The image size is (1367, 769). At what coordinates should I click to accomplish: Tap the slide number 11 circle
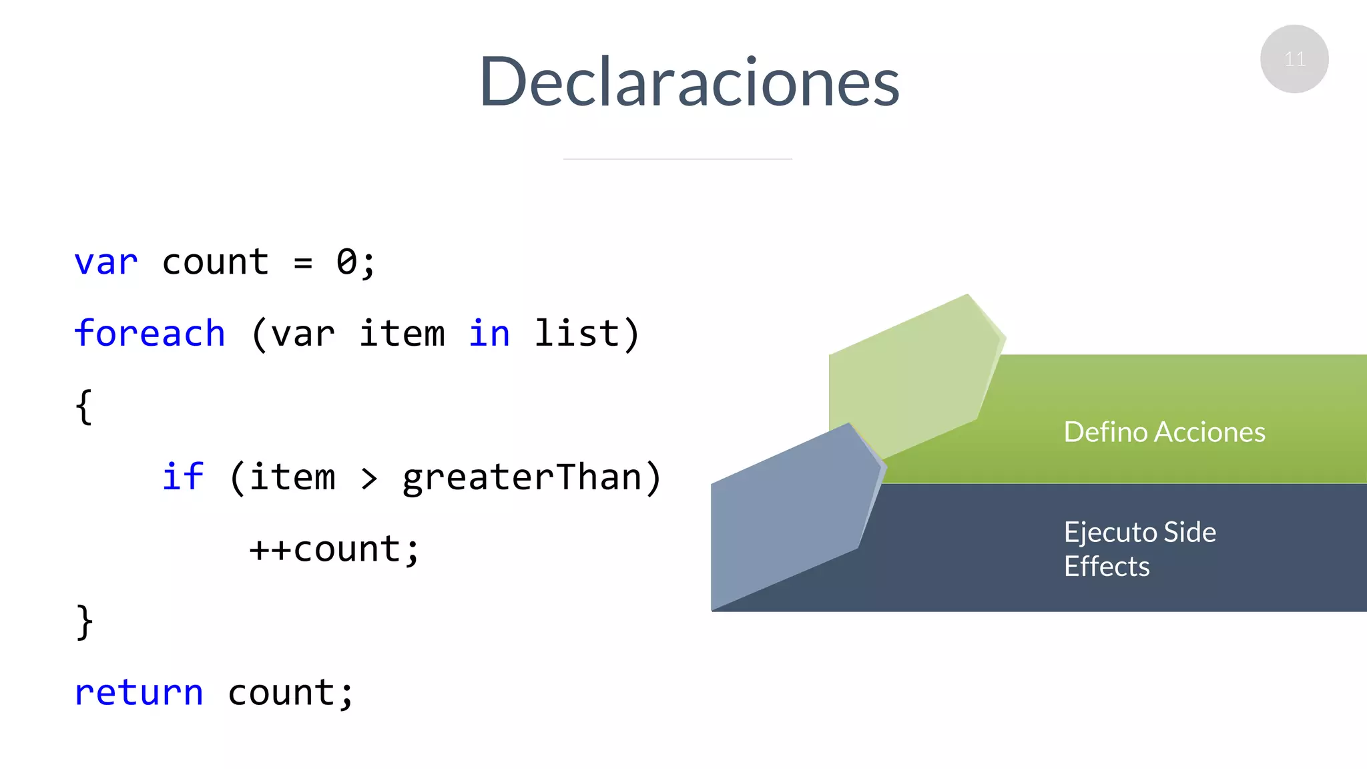point(1294,59)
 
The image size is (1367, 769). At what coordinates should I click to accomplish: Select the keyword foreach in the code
point(150,334)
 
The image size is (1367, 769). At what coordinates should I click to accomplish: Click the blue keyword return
point(139,693)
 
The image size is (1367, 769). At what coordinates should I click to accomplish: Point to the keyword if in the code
point(182,477)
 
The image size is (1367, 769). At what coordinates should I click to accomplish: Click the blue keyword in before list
point(489,334)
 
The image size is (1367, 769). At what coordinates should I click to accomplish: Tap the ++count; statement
point(334,550)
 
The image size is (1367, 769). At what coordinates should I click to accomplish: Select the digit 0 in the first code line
point(347,262)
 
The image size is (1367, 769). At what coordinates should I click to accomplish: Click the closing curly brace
point(84,622)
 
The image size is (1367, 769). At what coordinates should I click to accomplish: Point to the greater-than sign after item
point(369,478)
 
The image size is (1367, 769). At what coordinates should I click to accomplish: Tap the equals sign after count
point(303,263)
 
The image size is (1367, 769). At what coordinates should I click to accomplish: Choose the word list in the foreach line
point(577,334)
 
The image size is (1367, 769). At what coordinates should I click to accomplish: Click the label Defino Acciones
point(1164,432)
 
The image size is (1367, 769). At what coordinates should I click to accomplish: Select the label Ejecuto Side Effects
point(1139,549)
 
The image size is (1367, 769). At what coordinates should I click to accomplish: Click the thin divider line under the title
point(677,159)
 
